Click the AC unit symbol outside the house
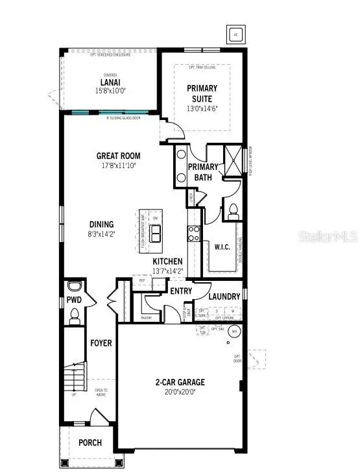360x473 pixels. pyautogui.click(x=235, y=34)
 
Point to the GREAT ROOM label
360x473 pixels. pyautogui.click(x=118, y=156)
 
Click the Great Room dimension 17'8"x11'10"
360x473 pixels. pyautogui.click(x=118, y=165)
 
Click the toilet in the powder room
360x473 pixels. pyautogui.click(x=74, y=315)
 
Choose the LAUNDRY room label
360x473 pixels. pyautogui.click(x=224, y=297)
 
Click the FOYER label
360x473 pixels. pyautogui.click(x=101, y=342)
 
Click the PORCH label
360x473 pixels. pyautogui.click(x=90, y=443)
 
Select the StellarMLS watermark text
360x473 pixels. pyautogui.click(x=328, y=237)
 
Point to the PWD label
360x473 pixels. pyautogui.click(x=73, y=300)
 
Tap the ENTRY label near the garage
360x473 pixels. pyautogui.click(x=181, y=291)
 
